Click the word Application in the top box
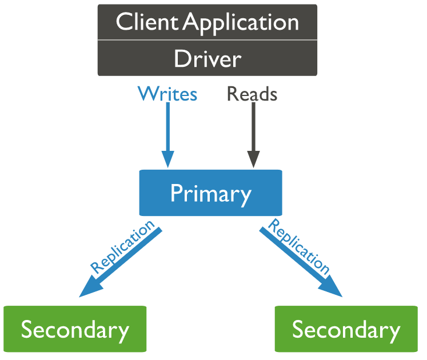point(241,23)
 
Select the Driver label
point(207,59)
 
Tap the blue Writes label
point(167,94)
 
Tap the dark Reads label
point(252,94)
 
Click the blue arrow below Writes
point(167,129)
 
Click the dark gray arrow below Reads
point(253,129)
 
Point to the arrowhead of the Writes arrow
point(167,159)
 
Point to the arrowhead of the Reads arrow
point(253,159)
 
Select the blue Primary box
point(210,193)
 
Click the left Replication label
point(122,246)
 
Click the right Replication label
point(299,246)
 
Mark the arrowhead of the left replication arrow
point(89,289)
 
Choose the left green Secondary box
point(75,329)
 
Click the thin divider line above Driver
point(207,40)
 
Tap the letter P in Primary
point(177,194)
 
